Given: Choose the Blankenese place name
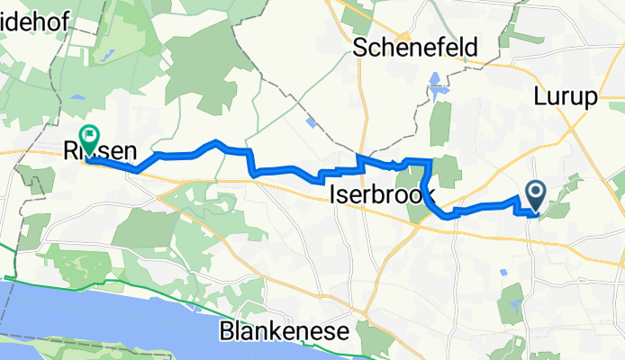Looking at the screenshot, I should tap(284, 332).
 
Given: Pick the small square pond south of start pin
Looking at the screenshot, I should tap(502, 269).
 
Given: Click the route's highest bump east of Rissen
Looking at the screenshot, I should tap(215, 141).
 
